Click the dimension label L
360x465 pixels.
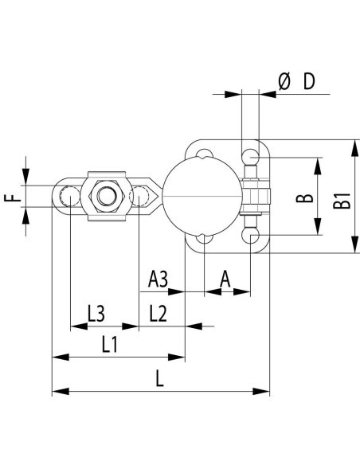point(159,379)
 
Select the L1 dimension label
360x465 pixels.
point(110,345)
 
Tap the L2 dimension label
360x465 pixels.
point(158,314)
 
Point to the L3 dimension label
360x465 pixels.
point(96,314)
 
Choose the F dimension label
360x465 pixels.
point(13,197)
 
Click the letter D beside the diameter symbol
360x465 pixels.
point(309,81)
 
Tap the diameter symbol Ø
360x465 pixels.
point(284,81)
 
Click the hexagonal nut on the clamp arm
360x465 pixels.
point(106,196)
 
